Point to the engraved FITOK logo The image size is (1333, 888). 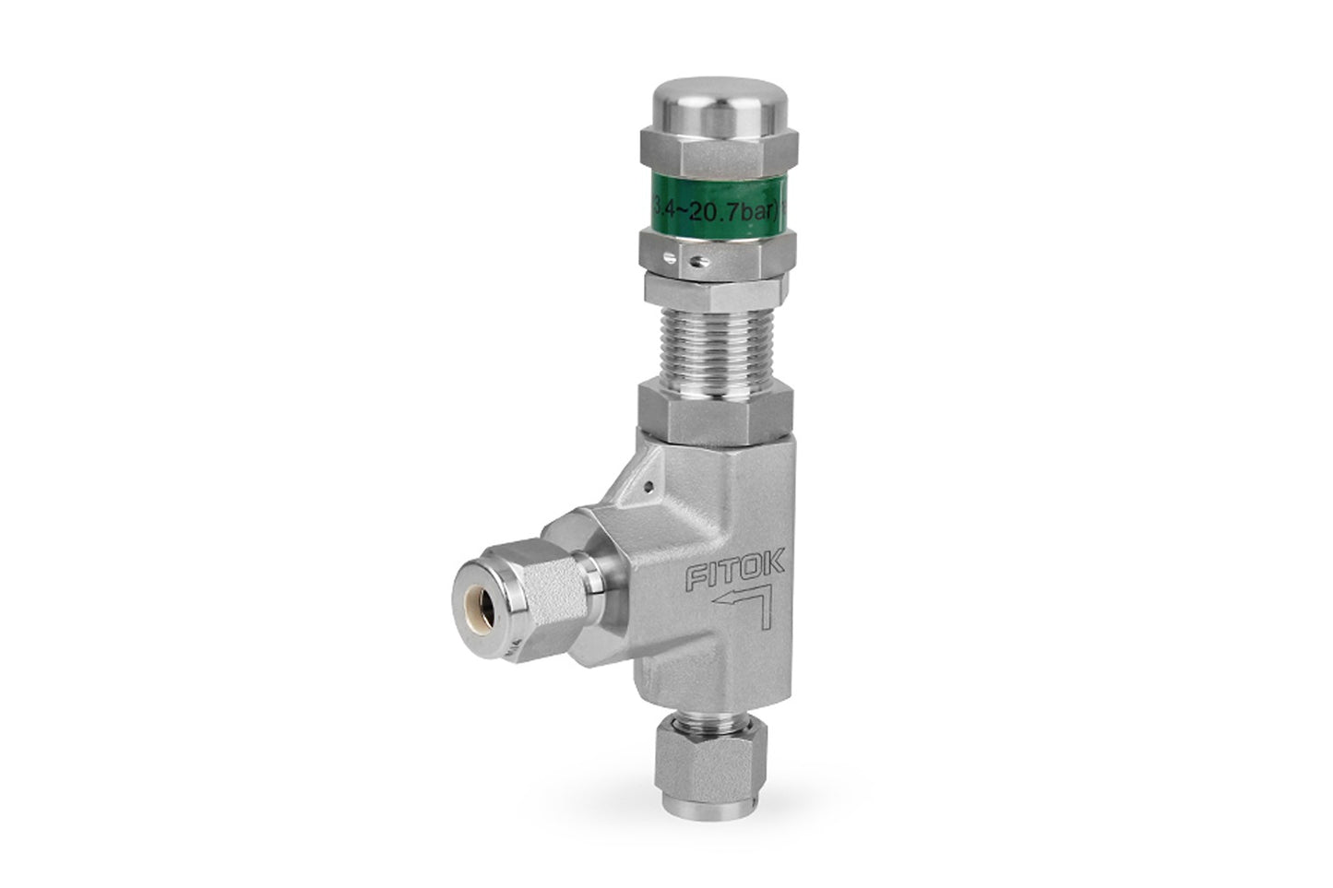click(x=734, y=574)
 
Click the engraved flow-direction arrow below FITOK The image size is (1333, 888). click(x=743, y=609)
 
